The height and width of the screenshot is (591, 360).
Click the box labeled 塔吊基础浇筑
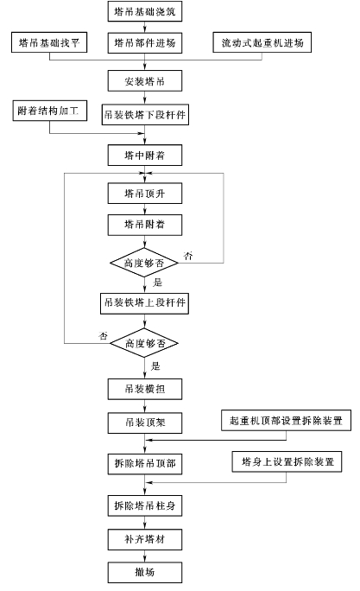pos(145,11)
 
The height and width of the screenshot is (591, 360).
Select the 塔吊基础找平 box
pos(49,42)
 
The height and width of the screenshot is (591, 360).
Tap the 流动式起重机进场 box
pos(262,42)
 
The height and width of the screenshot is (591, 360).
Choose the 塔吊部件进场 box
pos(145,42)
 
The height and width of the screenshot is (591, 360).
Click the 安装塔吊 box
pos(145,80)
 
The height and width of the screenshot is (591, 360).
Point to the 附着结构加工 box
pos(50,111)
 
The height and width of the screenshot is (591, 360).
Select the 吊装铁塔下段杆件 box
pos(145,115)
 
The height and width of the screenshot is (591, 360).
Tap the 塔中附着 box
pos(145,155)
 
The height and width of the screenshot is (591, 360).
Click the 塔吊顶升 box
pos(145,194)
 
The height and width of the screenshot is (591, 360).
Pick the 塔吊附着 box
pos(145,225)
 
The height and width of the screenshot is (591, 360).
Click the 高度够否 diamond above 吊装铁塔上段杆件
pos(144,263)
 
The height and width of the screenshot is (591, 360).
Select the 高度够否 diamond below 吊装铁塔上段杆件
pos(144,343)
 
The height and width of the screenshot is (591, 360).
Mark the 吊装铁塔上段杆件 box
pos(144,303)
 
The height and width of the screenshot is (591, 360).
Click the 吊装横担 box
pos(145,389)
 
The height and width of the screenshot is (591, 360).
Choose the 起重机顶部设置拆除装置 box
pos(287,420)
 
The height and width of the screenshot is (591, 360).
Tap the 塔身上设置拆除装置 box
pos(287,461)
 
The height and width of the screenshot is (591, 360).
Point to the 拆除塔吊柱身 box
pos(145,505)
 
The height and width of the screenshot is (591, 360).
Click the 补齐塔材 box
pos(145,539)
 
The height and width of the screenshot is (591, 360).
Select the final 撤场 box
pos(145,573)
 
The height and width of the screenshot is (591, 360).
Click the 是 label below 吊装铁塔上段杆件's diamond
pos(155,366)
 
